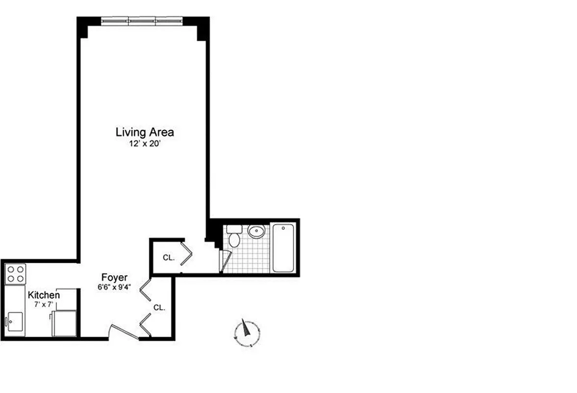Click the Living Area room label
(x=145, y=132)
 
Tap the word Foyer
(x=114, y=278)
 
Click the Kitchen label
(x=44, y=295)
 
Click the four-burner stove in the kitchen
(x=15, y=274)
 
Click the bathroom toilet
(x=234, y=237)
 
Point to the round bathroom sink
(x=256, y=231)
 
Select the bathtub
(x=283, y=248)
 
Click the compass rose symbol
(x=247, y=333)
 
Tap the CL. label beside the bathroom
(x=168, y=257)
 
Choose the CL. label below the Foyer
(x=159, y=308)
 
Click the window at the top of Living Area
(x=142, y=21)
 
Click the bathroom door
(x=226, y=261)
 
